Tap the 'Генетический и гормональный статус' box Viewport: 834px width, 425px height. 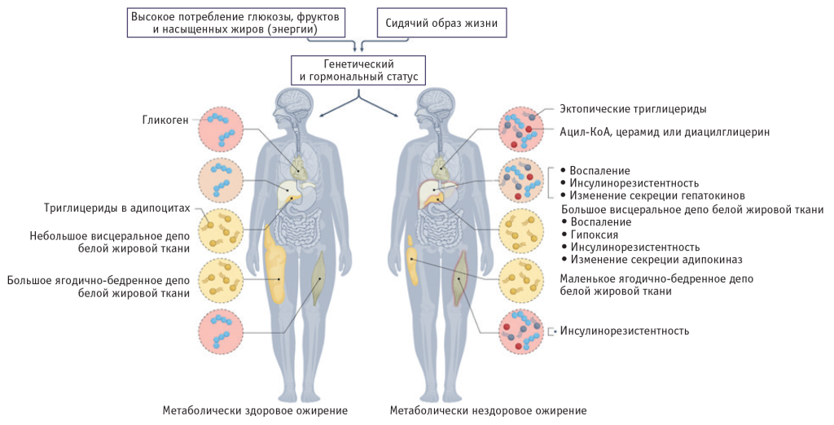[x=358, y=70]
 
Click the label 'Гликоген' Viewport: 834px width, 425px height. [x=165, y=120]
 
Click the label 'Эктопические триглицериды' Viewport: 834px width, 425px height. [x=633, y=108]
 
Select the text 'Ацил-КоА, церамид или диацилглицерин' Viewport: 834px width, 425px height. [x=664, y=131]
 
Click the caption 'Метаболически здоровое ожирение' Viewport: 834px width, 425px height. [x=255, y=410]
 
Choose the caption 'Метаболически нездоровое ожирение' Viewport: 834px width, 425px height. [x=488, y=410]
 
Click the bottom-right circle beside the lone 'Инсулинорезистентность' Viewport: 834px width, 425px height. [x=522, y=331]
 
